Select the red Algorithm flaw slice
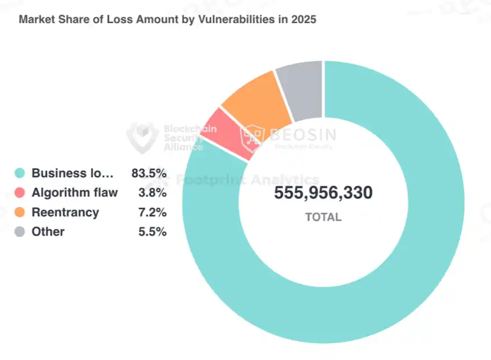(x=229, y=133)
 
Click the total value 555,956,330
(x=323, y=193)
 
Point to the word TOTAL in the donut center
(x=323, y=217)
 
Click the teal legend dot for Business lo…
(x=20, y=173)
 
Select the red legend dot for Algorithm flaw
(x=20, y=193)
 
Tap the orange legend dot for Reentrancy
(x=20, y=213)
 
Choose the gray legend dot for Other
(x=20, y=232)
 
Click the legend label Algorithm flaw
(x=74, y=193)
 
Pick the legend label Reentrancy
(x=65, y=213)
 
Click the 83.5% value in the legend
(x=149, y=173)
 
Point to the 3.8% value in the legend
(x=153, y=193)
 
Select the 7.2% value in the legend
(x=153, y=213)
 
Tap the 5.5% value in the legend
(x=153, y=232)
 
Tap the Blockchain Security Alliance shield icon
(x=142, y=136)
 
